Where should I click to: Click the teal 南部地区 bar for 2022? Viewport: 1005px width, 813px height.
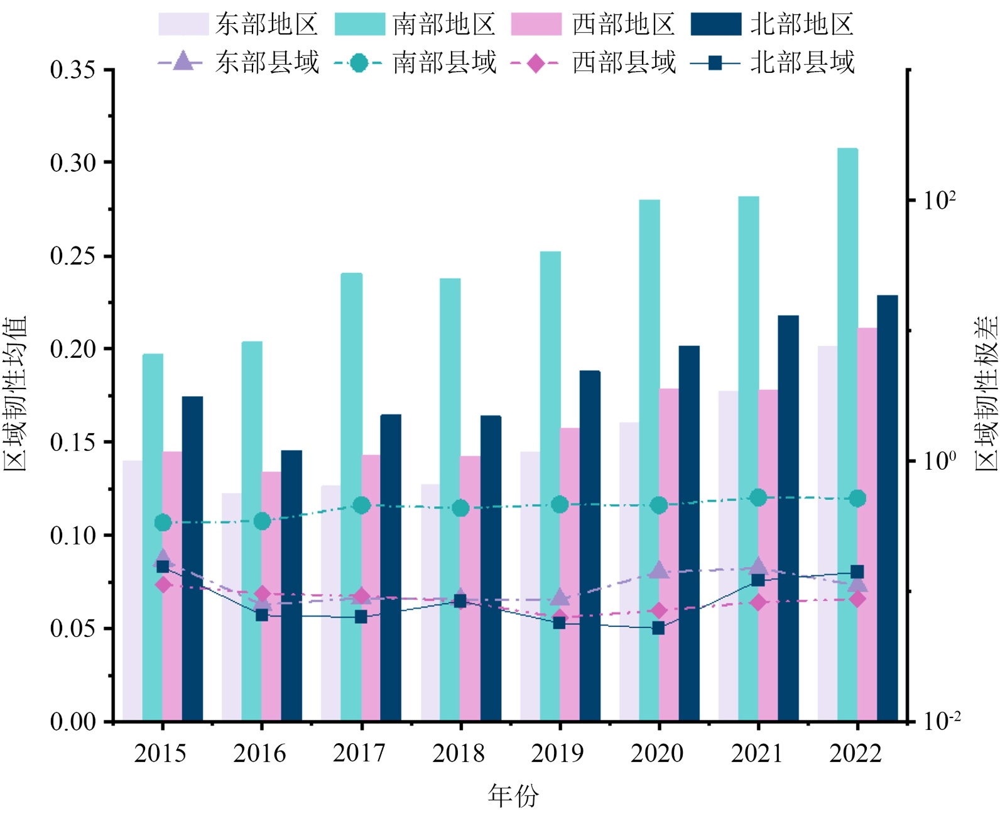[x=847, y=434]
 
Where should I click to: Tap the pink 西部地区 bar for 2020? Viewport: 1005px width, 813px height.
[x=669, y=553]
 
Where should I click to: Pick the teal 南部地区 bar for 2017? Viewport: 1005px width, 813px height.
[x=351, y=497]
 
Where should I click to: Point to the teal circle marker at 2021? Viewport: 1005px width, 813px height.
[x=758, y=497]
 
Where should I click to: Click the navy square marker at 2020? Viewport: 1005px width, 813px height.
[x=658, y=628]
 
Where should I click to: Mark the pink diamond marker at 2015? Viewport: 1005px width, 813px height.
[x=163, y=585]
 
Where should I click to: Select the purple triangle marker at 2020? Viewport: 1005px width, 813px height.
[x=658, y=570]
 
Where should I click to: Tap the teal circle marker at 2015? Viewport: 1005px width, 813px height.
[x=163, y=523]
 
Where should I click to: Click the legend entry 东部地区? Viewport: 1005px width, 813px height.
[x=238, y=25]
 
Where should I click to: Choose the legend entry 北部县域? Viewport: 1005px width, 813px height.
[x=772, y=63]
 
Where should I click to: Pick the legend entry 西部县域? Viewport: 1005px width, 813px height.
[x=594, y=63]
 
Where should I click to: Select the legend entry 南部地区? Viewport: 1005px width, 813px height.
[x=415, y=25]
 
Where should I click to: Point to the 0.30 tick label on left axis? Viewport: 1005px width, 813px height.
[x=73, y=163]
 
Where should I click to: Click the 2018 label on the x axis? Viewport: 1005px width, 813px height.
[x=459, y=753]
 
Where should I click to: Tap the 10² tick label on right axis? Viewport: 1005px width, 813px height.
[x=940, y=201]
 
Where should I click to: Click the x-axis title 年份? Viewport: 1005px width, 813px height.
[x=513, y=795]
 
